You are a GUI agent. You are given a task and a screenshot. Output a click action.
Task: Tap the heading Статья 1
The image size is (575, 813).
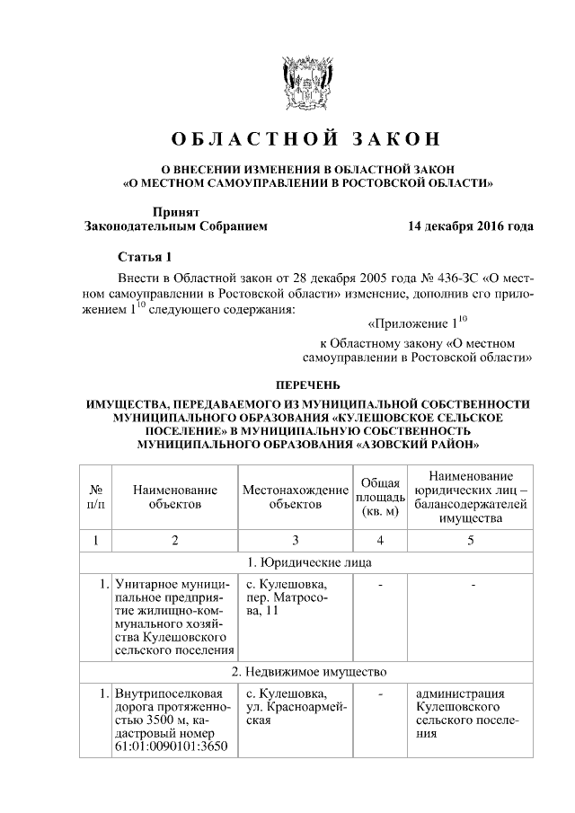point(144,257)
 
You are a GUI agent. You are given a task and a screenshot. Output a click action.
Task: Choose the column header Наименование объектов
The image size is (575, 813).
point(175,497)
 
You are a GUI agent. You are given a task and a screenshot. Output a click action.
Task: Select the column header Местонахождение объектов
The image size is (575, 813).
point(295,497)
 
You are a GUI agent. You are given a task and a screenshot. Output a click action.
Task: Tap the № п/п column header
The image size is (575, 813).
point(95,497)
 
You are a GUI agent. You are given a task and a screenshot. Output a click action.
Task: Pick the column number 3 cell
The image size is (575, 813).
point(295,540)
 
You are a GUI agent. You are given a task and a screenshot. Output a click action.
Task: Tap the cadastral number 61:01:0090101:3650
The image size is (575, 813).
point(172,747)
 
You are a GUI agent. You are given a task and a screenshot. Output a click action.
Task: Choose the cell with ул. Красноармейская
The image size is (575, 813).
point(287,707)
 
